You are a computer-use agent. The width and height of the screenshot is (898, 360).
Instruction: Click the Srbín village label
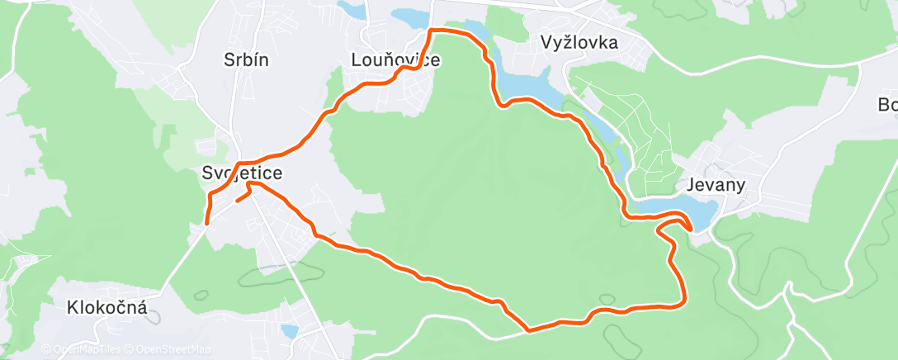(x=246, y=59)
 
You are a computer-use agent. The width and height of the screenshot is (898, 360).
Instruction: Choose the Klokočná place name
(x=107, y=308)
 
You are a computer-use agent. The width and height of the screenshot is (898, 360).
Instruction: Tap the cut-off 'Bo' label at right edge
(x=888, y=105)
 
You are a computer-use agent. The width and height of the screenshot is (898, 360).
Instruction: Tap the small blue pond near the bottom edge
(x=290, y=331)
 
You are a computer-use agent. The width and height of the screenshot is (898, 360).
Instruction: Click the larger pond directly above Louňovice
(x=409, y=17)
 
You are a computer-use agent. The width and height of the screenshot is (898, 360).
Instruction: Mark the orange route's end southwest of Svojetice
(x=206, y=222)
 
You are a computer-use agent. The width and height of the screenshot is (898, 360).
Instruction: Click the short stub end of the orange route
(x=238, y=200)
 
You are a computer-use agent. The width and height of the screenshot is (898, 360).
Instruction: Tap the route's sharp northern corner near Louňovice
(x=431, y=31)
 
